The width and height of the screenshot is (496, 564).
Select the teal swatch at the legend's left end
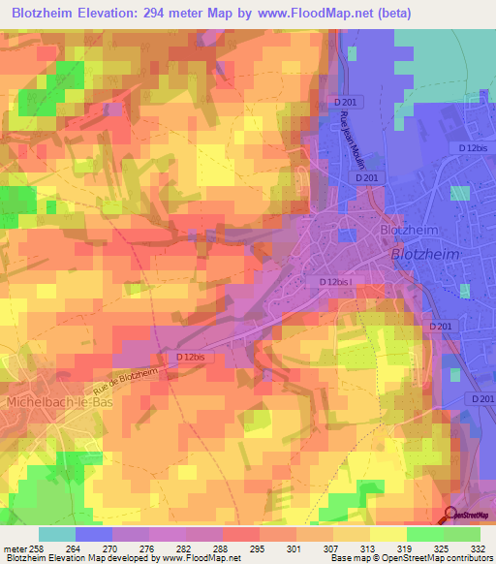[56, 533]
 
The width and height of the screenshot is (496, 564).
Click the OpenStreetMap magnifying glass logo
[451, 516]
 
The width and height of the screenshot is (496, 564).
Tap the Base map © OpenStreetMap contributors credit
[411, 558]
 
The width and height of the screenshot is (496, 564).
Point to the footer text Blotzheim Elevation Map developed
[77, 558]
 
